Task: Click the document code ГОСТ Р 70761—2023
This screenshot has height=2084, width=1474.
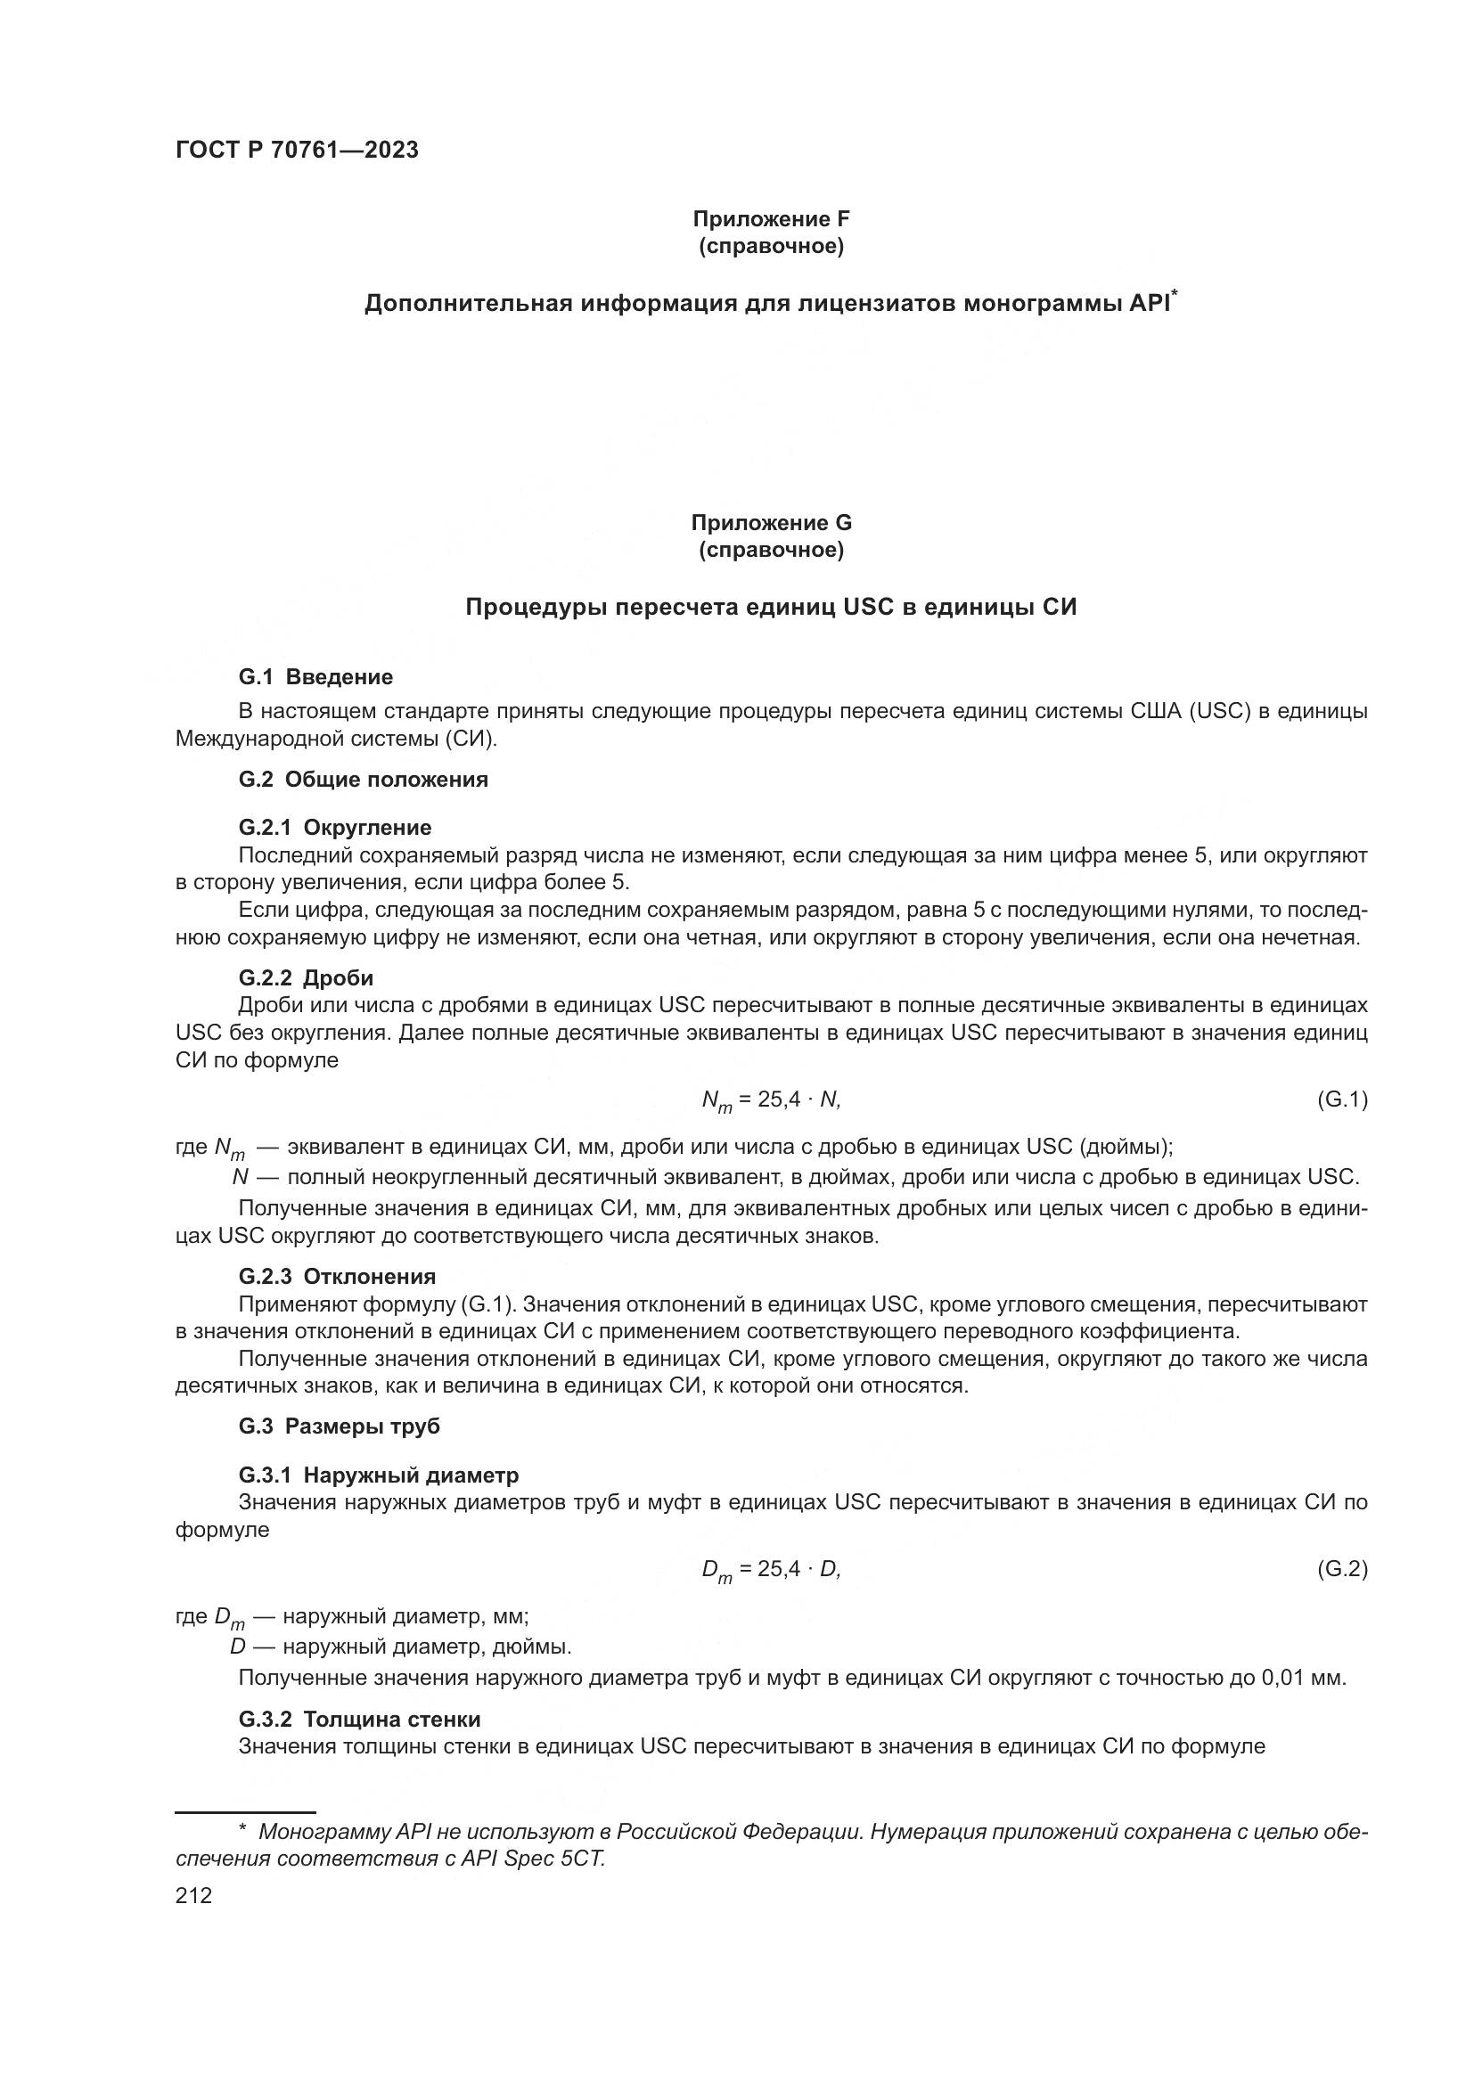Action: coord(297,151)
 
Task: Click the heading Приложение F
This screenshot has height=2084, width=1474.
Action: coord(771,219)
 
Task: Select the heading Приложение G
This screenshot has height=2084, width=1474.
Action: coord(771,523)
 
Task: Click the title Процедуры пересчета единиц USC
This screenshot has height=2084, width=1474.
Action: coord(771,608)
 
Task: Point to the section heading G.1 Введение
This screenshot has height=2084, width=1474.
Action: coord(315,676)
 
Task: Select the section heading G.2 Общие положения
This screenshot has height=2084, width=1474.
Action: coord(363,779)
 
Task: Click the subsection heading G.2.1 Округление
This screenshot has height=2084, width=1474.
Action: coord(335,827)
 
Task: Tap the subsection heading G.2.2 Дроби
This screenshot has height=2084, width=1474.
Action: coord(306,977)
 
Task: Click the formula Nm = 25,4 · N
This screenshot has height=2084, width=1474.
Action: coord(771,1100)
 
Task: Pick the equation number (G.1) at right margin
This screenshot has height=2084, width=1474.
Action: coord(1341,1099)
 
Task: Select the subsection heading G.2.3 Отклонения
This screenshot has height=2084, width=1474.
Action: coord(337,1276)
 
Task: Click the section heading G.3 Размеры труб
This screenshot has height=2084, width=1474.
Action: coord(339,1426)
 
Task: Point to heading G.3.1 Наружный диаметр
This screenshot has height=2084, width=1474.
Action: coord(379,1475)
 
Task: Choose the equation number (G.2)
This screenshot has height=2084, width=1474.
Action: coord(1341,1568)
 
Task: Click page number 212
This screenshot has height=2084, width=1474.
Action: coord(193,1895)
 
